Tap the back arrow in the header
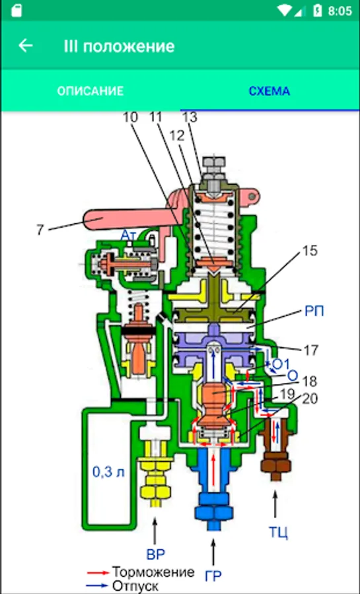(26, 46)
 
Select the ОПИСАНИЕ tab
(90, 91)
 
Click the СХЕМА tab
(270, 91)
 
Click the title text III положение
(120, 46)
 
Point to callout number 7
(40, 230)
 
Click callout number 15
(310, 251)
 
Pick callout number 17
(310, 350)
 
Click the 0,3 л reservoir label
(109, 472)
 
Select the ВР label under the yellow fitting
(156, 554)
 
